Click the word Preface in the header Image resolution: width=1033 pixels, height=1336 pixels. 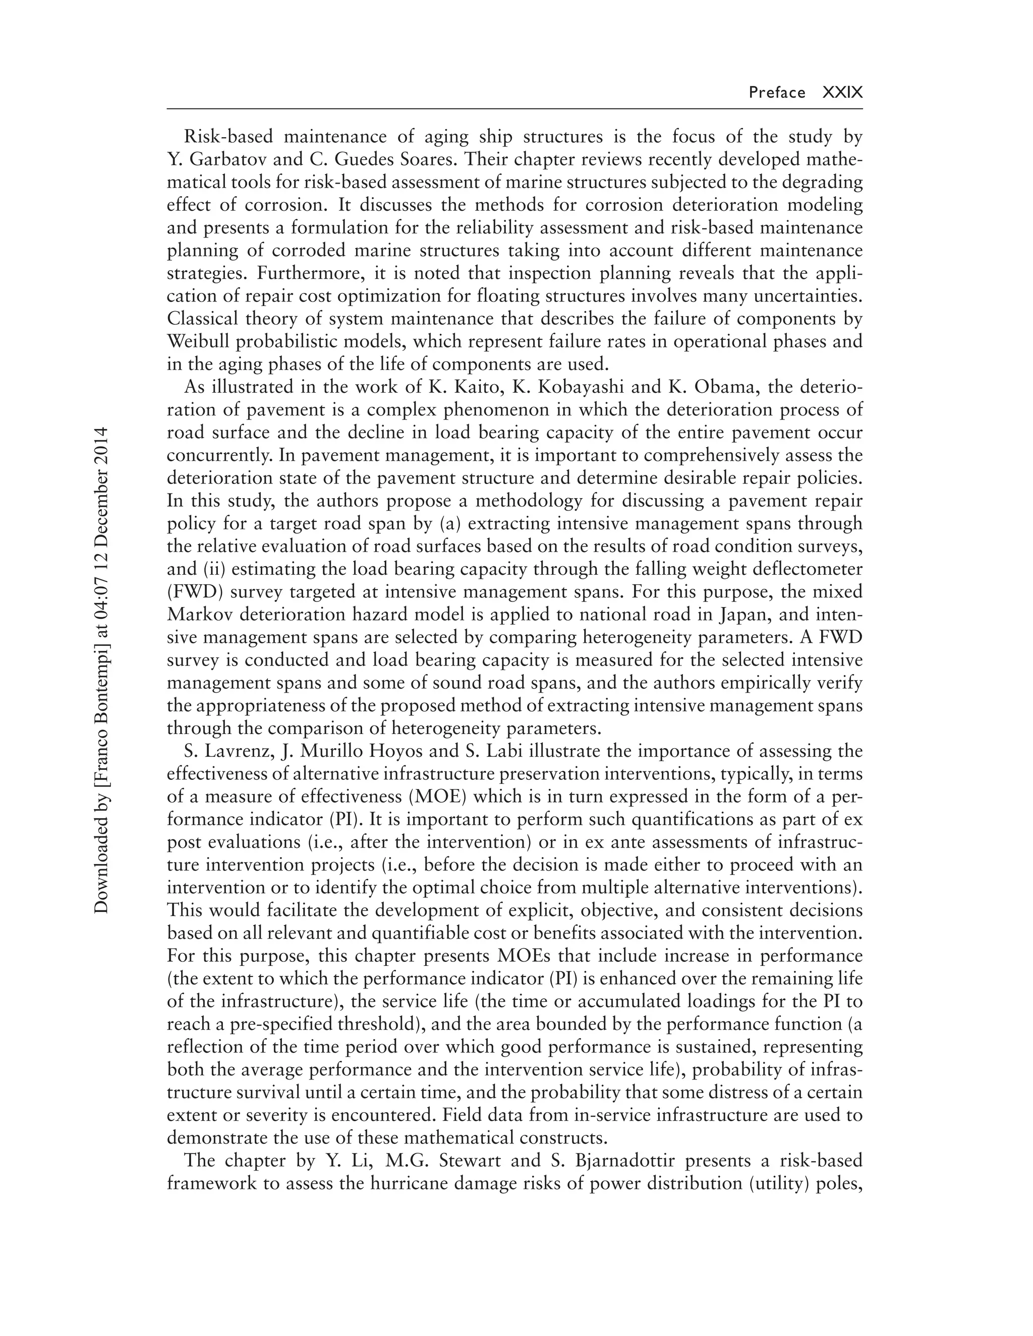click(x=777, y=92)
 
